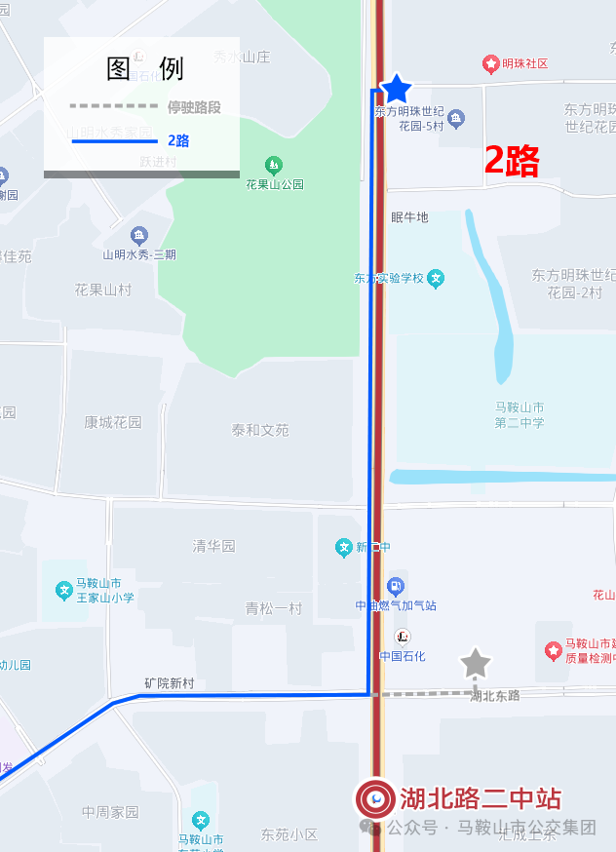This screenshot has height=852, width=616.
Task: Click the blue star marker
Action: pyautogui.click(x=396, y=89)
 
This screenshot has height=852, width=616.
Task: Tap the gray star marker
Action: pyautogui.click(x=475, y=663)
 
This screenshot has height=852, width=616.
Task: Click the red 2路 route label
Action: pyautogui.click(x=512, y=161)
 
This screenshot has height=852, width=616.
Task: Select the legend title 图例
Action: pyautogui.click(x=144, y=68)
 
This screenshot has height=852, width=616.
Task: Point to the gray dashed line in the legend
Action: pyautogui.click(x=113, y=106)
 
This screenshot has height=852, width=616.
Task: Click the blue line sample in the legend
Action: pyautogui.click(x=113, y=140)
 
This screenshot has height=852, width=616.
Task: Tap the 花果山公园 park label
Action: pyautogui.click(x=275, y=184)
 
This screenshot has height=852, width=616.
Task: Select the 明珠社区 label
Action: pyautogui.click(x=526, y=64)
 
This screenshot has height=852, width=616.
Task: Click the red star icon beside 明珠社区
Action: pyautogui.click(x=491, y=64)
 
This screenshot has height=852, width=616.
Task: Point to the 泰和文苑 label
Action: pyautogui.click(x=260, y=430)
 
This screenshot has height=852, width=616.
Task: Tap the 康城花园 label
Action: pyautogui.click(x=112, y=422)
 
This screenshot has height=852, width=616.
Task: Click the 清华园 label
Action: pyautogui.click(x=213, y=546)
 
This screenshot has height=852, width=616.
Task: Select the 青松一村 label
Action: pyautogui.click(x=274, y=608)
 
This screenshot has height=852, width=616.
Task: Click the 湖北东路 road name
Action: pyautogui.click(x=495, y=696)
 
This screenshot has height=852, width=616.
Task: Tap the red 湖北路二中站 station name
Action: pyautogui.click(x=481, y=799)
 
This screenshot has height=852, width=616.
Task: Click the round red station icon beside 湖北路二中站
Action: pyautogui.click(x=375, y=799)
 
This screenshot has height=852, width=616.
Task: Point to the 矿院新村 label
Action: pyautogui.click(x=169, y=683)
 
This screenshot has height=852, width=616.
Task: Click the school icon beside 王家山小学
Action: pyautogui.click(x=64, y=590)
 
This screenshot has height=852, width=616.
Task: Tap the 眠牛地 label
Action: pyautogui.click(x=409, y=216)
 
